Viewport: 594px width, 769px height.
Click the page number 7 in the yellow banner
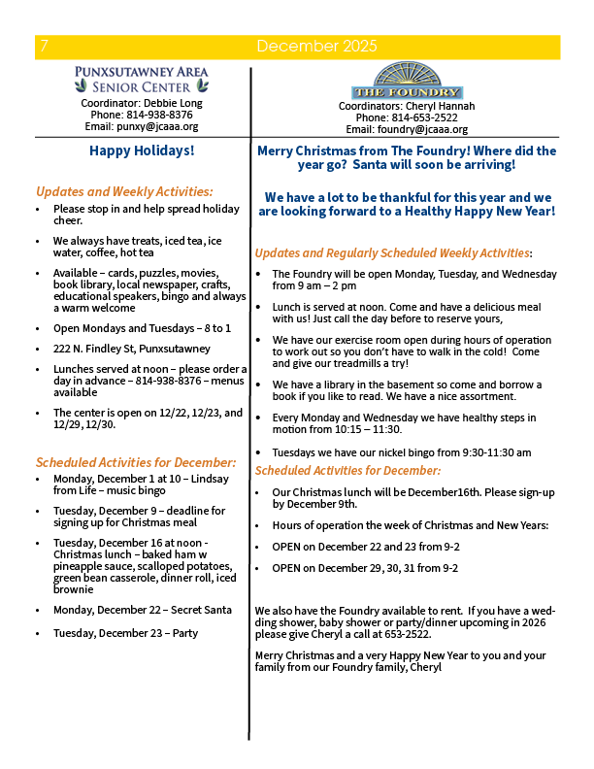tap(42, 47)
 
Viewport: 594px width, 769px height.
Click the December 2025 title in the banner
tap(316, 47)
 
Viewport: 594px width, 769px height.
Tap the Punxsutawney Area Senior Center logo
tap(141, 79)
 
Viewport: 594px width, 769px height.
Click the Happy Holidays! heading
tap(142, 150)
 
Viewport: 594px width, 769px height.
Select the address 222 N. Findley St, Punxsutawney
tap(132, 349)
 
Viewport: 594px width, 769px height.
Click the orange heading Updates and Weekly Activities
tap(123, 191)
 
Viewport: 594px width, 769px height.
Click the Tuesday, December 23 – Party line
tap(125, 633)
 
